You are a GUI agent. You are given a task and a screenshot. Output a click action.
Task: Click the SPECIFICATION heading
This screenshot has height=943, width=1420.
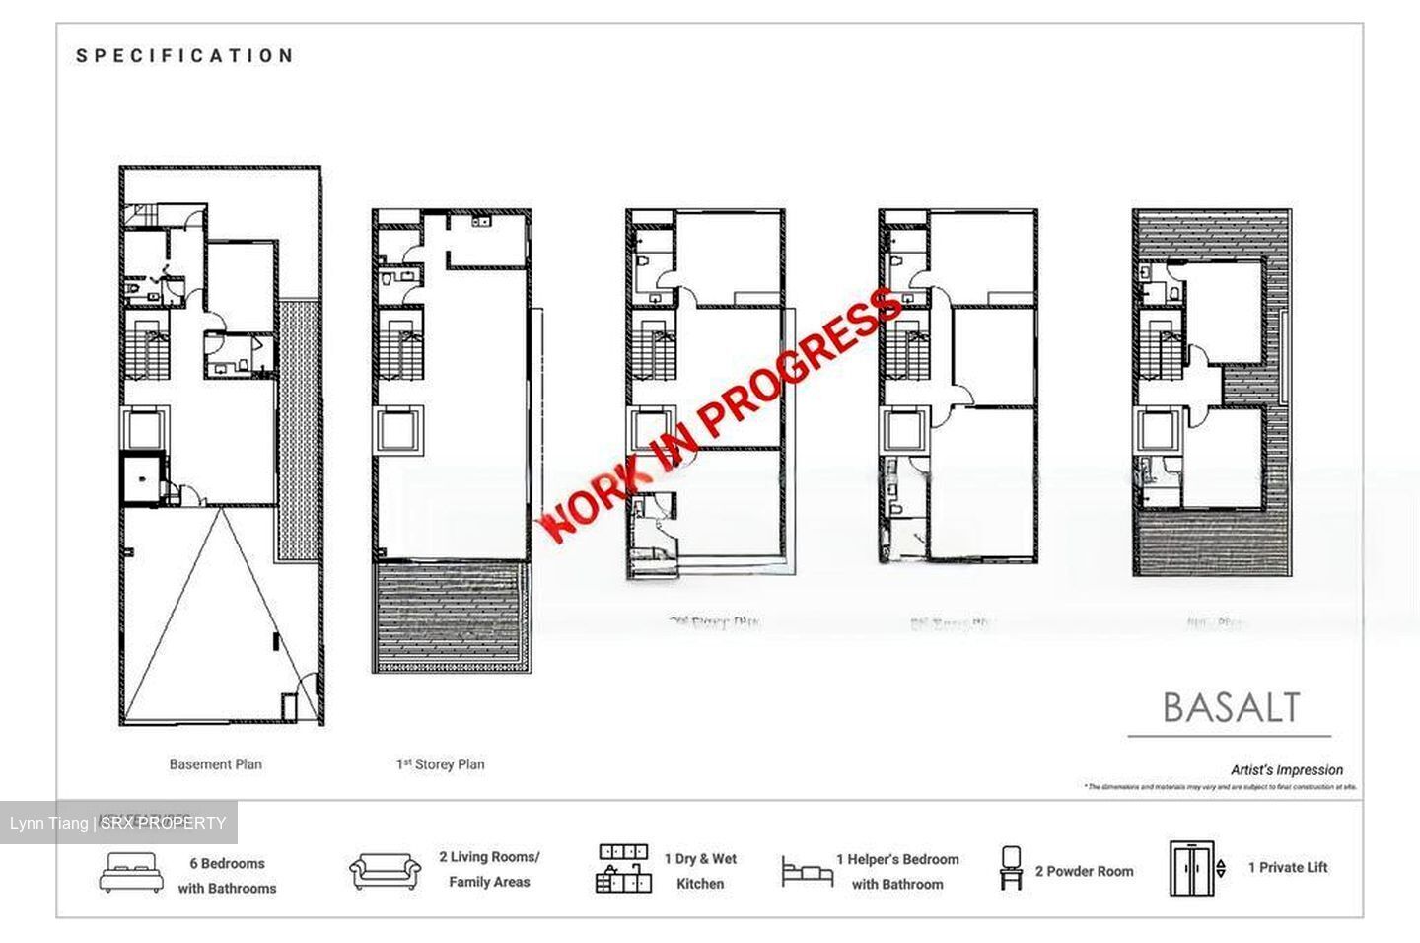(185, 56)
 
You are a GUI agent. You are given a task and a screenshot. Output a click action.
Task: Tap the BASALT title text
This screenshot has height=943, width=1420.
(1231, 707)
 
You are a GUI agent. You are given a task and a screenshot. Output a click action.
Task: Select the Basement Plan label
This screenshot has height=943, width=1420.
(215, 763)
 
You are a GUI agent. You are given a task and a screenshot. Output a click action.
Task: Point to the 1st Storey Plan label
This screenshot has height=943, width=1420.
(440, 763)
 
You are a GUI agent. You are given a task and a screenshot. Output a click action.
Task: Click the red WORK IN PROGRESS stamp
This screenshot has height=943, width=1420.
(721, 414)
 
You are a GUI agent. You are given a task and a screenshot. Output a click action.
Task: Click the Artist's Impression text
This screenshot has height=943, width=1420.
(1286, 769)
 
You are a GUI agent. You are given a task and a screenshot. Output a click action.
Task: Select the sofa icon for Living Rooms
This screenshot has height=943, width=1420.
(385, 871)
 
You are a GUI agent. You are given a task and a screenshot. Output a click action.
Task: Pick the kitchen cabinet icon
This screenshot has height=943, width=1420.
(624, 869)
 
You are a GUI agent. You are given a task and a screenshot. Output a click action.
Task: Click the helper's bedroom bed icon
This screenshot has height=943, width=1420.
(807, 872)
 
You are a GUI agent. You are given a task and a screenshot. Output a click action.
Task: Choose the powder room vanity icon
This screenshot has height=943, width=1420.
(1011, 868)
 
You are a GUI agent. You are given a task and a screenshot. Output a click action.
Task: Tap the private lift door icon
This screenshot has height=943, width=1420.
(1191, 868)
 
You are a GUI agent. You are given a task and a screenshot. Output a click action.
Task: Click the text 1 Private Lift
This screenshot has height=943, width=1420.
(1287, 867)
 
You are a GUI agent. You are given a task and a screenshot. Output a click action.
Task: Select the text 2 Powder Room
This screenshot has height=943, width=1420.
(1084, 871)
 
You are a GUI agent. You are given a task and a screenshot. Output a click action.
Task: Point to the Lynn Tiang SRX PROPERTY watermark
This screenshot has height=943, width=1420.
(118, 823)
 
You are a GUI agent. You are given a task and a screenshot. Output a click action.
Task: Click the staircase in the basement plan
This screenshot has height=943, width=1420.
(146, 351)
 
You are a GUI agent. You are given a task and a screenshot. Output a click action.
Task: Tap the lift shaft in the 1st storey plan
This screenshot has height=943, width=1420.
(398, 431)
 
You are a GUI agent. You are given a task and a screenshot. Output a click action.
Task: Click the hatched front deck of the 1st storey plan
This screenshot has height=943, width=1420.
(451, 617)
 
